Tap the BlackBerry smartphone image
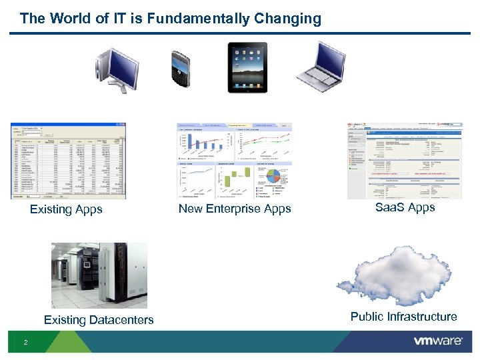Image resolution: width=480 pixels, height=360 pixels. [x=181, y=68]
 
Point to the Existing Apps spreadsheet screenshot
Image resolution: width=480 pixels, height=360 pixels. [x=68, y=161]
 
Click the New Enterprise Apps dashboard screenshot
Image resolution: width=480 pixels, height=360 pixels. [x=235, y=161]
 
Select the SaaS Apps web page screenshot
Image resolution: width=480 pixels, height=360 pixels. [x=405, y=161]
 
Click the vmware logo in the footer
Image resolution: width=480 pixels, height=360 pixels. [x=437, y=341]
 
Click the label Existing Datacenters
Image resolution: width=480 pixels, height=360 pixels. [x=99, y=320]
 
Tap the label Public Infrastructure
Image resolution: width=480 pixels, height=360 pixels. [x=403, y=317]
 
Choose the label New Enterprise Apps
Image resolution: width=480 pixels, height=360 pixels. [x=235, y=209]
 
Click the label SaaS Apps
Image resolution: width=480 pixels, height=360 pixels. [x=405, y=207]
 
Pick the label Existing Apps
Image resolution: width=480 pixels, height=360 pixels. [x=66, y=209]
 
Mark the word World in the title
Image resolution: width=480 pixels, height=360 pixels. [x=69, y=19]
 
